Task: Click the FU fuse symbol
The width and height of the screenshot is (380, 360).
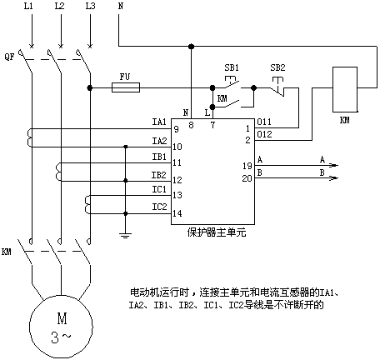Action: (126, 87)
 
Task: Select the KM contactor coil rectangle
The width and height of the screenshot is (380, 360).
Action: (345, 89)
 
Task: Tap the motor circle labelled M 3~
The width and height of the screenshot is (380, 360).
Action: (62, 327)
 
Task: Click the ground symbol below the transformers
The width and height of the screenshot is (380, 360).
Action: (125, 236)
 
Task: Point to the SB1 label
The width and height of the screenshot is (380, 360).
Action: (232, 67)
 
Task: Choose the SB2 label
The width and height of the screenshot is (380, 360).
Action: (277, 67)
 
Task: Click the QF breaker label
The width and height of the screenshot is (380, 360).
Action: (9, 57)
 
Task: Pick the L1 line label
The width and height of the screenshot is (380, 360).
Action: (28, 6)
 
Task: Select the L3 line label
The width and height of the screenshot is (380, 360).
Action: (90, 6)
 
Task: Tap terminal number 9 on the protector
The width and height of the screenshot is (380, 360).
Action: (176, 129)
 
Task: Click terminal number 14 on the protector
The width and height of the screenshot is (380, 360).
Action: (177, 213)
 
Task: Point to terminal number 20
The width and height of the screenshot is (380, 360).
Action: (247, 178)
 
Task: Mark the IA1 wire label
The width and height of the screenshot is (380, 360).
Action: (159, 122)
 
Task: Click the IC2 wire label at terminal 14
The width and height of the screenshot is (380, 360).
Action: (159, 207)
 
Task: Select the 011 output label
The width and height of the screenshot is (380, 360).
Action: (264, 122)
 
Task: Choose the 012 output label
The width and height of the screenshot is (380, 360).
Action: (264, 134)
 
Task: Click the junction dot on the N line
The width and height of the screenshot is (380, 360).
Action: (191, 46)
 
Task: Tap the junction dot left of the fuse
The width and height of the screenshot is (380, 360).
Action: (89, 87)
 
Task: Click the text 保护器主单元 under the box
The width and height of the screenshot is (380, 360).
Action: (217, 232)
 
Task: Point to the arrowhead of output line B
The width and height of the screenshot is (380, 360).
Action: (334, 177)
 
